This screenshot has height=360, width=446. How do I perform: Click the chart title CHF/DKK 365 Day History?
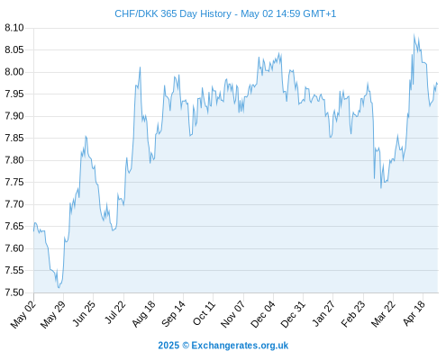coord(173,14)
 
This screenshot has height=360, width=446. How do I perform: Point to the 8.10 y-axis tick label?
coord(14,28)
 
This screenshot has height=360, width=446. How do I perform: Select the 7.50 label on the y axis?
coord(14,292)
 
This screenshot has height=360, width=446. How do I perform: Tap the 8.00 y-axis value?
coord(14,72)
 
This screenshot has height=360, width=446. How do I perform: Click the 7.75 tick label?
coord(14,182)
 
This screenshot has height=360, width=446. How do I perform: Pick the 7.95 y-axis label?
coord(14,94)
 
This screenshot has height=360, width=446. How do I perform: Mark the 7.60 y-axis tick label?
coord(14,248)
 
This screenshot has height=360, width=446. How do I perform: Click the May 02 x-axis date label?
coord(23,314)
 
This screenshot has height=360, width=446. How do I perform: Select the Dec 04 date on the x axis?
coord(263,314)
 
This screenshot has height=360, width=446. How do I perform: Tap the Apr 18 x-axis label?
coord(414,313)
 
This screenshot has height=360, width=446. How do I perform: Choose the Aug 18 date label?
coord(144,313)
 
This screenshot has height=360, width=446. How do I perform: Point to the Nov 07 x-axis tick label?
coord(232,314)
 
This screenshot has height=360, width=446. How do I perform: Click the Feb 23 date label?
coord(353,313)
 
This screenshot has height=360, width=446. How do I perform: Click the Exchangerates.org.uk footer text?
coord(240,346)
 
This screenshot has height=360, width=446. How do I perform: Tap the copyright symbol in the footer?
coord(186,346)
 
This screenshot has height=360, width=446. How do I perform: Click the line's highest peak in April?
coord(414,34)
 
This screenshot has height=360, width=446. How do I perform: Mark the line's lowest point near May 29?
coord(59,288)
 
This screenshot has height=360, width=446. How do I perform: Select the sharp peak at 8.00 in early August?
coord(140,67)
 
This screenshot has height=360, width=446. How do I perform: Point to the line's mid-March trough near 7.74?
coord(381,188)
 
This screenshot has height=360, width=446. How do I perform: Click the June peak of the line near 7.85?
coord(86,137)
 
